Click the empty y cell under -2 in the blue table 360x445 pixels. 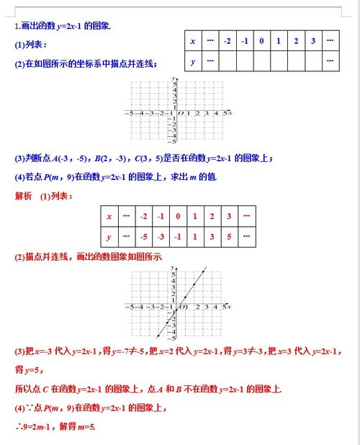tap(228, 61)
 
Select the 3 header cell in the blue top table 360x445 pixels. tap(313, 41)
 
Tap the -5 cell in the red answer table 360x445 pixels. tap(144, 236)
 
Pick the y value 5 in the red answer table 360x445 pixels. tap(228, 236)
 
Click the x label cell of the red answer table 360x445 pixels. tap(109, 216)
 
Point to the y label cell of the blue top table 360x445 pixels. tap(193, 61)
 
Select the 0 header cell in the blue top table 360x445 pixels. tap(261, 41)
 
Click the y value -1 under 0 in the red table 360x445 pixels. tap(178, 236)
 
